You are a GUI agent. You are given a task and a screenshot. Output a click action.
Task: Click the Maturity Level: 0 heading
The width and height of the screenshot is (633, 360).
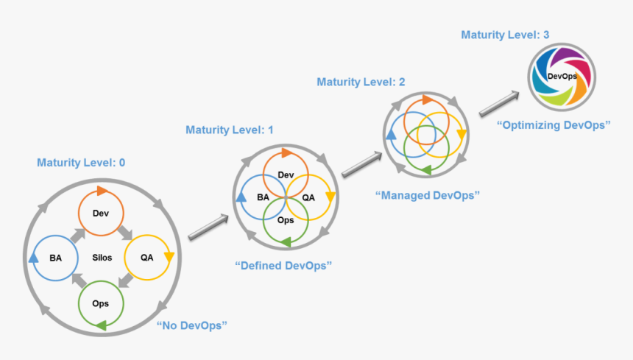click(x=81, y=163)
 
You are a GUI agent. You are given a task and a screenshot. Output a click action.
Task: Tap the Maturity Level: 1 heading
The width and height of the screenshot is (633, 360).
click(x=230, y=130)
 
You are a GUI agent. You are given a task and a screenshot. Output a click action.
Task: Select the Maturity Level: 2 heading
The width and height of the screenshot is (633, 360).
click(x=361, y=82)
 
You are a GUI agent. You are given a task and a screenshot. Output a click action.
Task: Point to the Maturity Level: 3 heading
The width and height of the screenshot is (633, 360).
click(x=505, y=35)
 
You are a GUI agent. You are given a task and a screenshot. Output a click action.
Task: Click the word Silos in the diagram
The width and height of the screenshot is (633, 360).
click(x=102, y=258)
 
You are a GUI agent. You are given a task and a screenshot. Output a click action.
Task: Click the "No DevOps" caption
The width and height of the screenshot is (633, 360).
click(x=191, y=325)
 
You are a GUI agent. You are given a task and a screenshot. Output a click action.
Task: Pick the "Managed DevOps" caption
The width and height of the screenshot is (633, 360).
click(x=428, y=195)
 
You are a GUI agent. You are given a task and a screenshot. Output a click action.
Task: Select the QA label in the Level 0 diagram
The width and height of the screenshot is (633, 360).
click(x=147, y=258)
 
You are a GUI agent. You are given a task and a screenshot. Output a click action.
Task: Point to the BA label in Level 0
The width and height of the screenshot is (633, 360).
click(x=56, y=258)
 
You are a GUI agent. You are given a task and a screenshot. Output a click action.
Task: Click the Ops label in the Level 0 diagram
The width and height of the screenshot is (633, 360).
click(x=102, y=303)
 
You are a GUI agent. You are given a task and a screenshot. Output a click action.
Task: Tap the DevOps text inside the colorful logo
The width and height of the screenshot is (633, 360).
click(x=562, y=77)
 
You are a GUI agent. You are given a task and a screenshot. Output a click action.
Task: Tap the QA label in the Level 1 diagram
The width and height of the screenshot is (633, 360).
click(x=308, y=197)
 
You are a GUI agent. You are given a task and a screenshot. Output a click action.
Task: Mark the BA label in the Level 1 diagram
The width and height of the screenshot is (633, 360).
click(x=263, y=197)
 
